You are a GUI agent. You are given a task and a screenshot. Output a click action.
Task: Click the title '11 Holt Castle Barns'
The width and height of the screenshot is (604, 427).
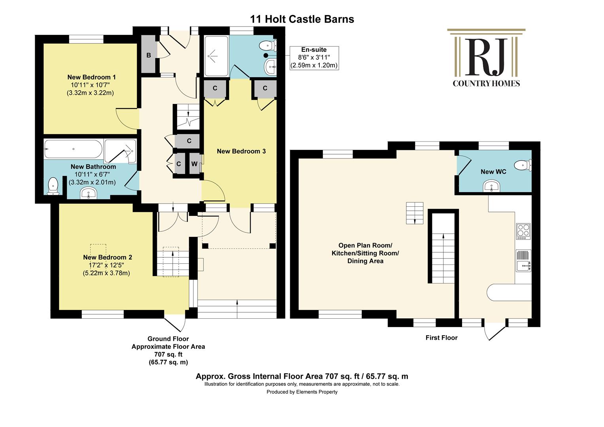click(302, 19)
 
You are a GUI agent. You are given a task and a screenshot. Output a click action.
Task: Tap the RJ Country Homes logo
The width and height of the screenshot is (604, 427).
click(487, 58)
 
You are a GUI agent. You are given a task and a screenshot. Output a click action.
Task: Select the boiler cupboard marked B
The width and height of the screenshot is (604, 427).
click(149, 54)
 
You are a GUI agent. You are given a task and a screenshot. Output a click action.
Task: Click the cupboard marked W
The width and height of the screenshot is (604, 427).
click(194, 163)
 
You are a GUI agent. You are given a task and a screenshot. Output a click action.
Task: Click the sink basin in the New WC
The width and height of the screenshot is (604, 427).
click(492, 186)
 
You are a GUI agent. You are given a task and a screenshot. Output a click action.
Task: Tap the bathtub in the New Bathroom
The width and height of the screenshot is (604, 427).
click(73, 149)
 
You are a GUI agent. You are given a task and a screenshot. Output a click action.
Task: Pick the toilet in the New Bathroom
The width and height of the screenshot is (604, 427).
click(53, 186)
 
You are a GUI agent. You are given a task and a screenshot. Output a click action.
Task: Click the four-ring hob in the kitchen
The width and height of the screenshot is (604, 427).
click(523, 231)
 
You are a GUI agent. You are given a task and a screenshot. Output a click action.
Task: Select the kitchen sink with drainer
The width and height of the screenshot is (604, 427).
click(523, 261)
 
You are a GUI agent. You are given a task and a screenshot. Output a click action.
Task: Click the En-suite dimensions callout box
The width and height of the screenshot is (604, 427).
click(314, 58)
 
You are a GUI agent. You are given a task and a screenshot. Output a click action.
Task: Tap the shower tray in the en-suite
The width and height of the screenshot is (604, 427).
click(216, 56)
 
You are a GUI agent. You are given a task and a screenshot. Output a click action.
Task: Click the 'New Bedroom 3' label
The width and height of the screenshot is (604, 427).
click(242, 151)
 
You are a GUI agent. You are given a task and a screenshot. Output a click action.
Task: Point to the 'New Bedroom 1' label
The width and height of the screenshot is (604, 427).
click(92, 77)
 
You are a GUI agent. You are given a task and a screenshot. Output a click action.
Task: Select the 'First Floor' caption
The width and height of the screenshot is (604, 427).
click(442, 338)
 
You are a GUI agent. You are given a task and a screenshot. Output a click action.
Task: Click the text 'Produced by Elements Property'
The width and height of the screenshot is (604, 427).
click(302, 392)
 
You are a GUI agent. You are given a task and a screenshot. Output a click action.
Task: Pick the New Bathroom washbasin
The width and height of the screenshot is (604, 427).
click(89, 193)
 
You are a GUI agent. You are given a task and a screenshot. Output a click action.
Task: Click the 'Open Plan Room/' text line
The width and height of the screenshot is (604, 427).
click(365, 246)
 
